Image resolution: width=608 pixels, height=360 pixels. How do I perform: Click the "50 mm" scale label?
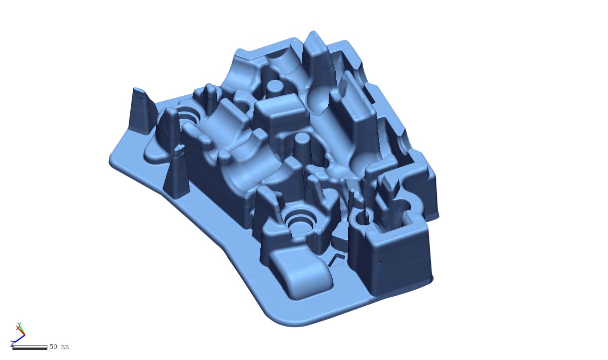click(x=59, y=347)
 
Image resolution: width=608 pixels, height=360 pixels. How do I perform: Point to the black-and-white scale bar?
click(x=30, y=347)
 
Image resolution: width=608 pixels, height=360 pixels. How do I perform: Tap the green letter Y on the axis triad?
click(x=19, y=325)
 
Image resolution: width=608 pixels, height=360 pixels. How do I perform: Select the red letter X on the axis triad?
click(x=17, y=328)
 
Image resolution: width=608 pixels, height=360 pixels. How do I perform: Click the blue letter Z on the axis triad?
click(x=12, y=344)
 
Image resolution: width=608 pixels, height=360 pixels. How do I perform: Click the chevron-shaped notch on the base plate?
click(x=337, y=259)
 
